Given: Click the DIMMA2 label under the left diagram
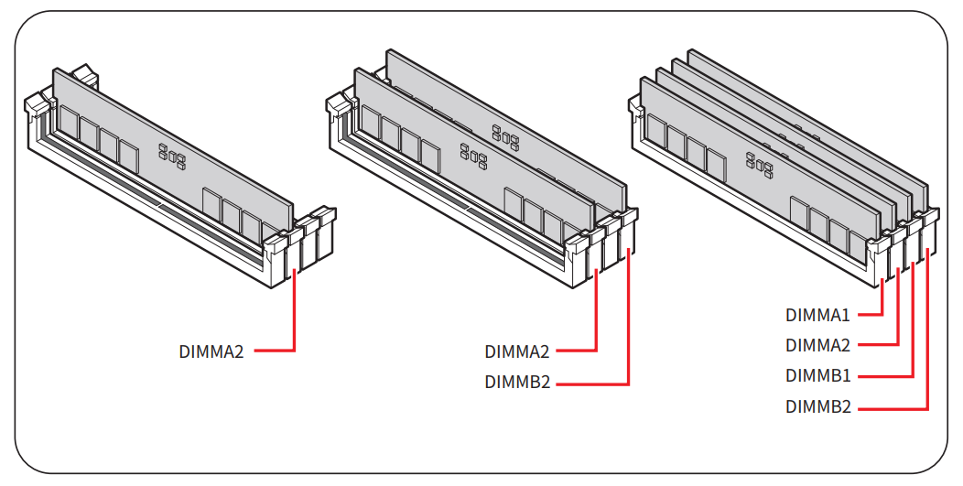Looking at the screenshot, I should (211, 351).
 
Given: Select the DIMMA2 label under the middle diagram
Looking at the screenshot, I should (516, 351).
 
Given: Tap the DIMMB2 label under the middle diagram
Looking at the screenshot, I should (516, 383).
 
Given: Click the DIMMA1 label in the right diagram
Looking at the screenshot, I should (817, 315).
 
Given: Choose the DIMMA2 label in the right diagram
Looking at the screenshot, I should (817, 345).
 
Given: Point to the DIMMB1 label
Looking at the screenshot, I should (817, 376).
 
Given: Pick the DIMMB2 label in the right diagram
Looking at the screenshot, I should (817, 407).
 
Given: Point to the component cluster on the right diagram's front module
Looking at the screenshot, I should (761, 163).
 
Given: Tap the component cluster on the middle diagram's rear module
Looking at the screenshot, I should (505, 137).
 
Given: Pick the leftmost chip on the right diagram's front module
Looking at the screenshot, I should (655, 130).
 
